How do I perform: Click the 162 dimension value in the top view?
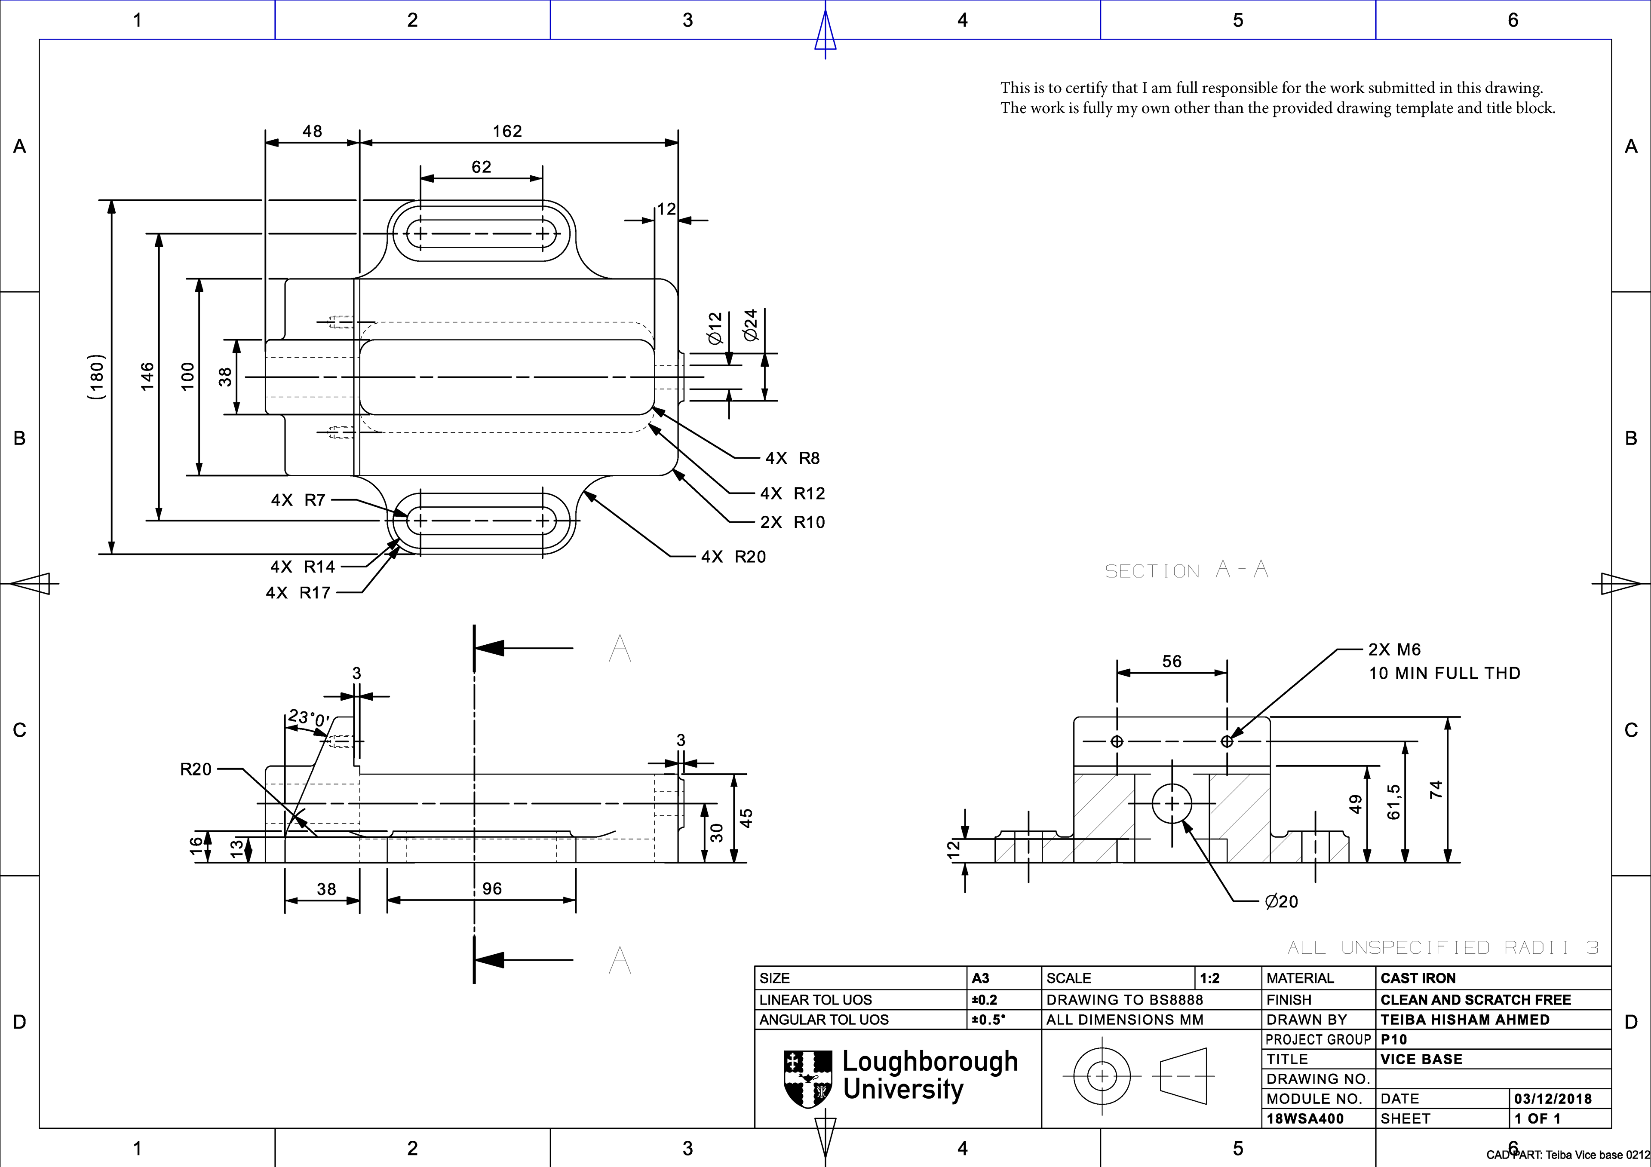[x=507, y=131]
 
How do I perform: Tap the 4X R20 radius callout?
[x=733, y=557]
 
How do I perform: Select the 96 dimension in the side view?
[x=492, y=889]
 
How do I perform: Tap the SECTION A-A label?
[x=1187, y=570]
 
